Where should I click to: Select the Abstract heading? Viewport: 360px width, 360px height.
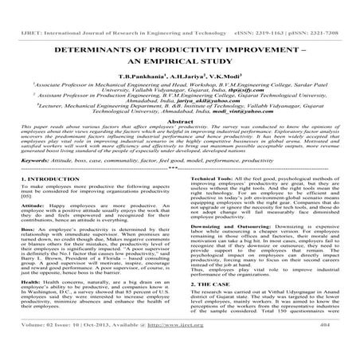coord(179,118)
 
